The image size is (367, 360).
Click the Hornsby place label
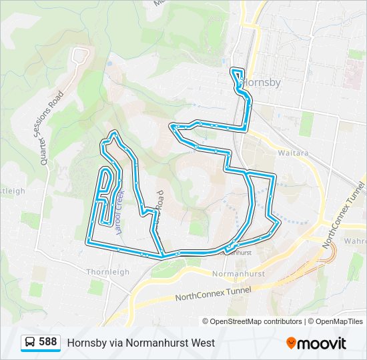(x=262, y=83)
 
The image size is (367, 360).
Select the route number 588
(x=47, y=342)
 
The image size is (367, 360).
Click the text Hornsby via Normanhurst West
(x=141, y=343)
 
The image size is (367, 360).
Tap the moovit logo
(x=316, y=343)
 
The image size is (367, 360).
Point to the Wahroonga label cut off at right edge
(x=355, y=241)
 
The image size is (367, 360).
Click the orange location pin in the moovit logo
(x=292, y=343)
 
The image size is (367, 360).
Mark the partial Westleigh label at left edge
(x=12, y=191)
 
